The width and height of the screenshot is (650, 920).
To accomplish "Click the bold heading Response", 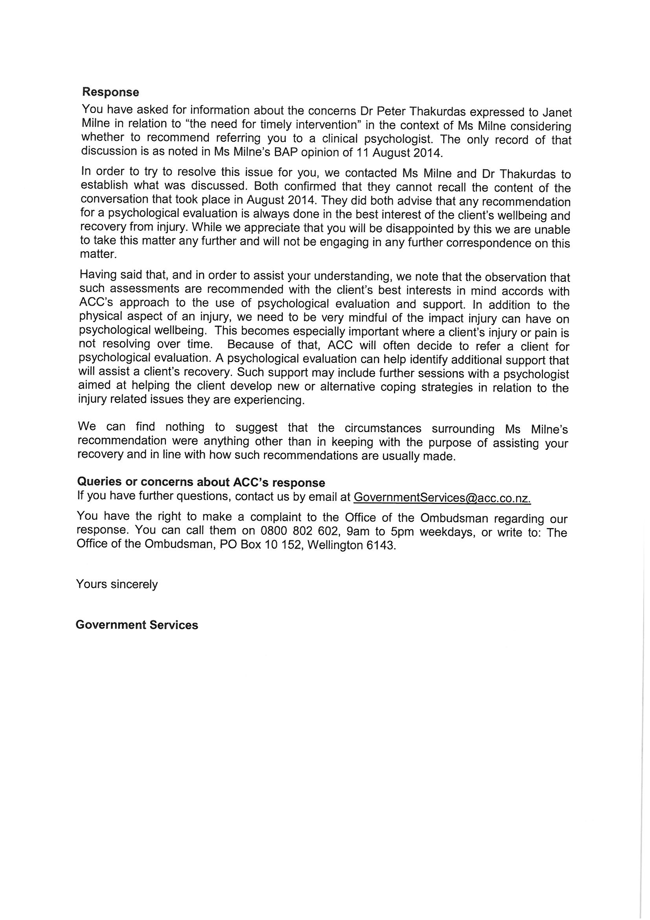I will [x=110, y=92].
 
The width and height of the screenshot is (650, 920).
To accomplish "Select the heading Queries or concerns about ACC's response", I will [x=201, y=482].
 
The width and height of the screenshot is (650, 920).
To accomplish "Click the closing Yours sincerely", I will [x=117, y=584].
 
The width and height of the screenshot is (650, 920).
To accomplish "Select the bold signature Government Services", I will [x=136, y=625].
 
